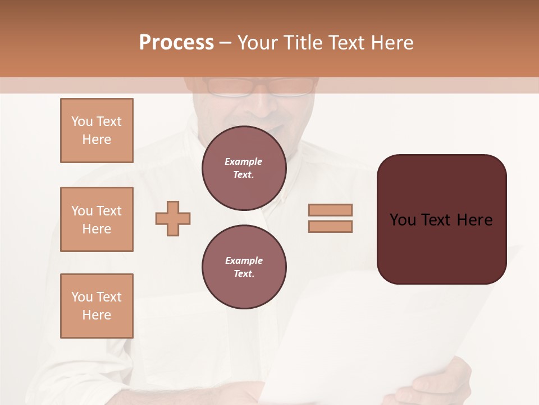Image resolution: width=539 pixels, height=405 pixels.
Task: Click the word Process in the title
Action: point(176,43)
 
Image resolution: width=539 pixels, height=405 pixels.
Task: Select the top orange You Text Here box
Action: point(97,130)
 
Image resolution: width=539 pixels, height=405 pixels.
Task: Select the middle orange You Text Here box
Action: point(97,219)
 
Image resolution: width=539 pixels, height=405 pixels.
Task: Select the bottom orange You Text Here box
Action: point(97,306)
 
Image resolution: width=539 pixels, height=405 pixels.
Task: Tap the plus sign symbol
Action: point(173,219)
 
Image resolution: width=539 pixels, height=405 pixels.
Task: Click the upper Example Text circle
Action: point(244,168)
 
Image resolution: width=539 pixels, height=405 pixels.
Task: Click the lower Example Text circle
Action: point(244,267)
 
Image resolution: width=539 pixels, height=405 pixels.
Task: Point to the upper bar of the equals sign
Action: point(331,210)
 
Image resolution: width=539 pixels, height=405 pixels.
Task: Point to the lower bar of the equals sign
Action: point(331,226)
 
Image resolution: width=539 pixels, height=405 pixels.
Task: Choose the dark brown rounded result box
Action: point(441,219)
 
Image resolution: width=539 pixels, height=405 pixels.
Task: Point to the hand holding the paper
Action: point(435,382)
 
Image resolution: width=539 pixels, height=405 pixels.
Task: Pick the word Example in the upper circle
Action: point(244,161)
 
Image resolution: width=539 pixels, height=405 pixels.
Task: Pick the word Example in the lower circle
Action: point(244,260)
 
